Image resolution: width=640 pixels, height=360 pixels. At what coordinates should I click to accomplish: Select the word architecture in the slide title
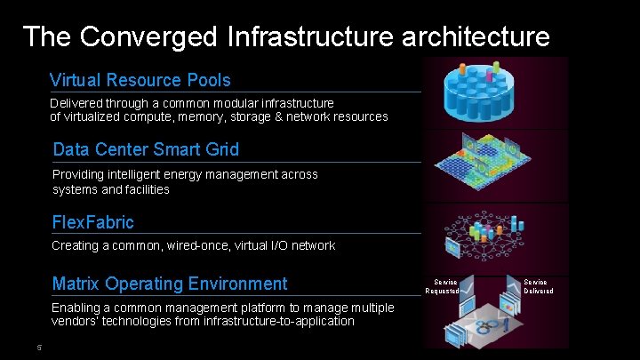476,36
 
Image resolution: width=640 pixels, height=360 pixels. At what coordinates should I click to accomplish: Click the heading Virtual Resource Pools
140,80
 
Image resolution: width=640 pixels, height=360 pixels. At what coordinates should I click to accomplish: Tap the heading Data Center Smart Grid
146,148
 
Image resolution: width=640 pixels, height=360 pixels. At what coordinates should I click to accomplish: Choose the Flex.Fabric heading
93,221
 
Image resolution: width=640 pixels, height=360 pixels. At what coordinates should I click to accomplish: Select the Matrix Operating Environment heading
170,284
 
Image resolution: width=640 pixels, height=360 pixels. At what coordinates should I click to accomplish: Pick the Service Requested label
442,286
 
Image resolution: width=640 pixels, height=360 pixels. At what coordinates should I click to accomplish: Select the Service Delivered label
538,286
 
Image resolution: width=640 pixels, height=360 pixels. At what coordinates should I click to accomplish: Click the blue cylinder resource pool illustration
494,92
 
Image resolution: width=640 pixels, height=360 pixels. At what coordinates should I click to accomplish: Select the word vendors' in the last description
76,321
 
